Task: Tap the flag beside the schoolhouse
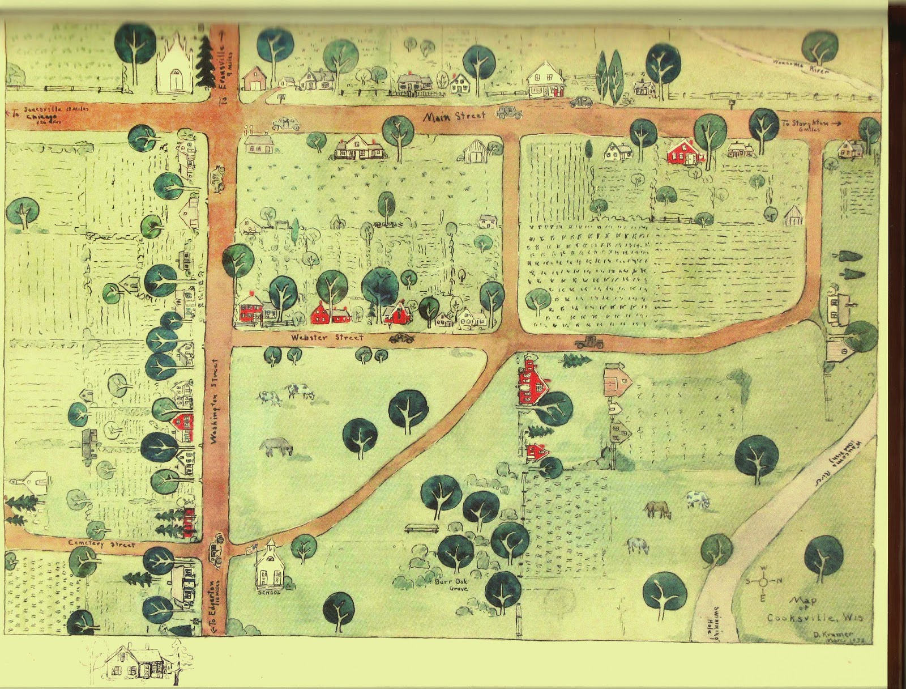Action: point(251,547)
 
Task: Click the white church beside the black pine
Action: point(174,68)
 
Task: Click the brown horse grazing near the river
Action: point(657,509)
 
